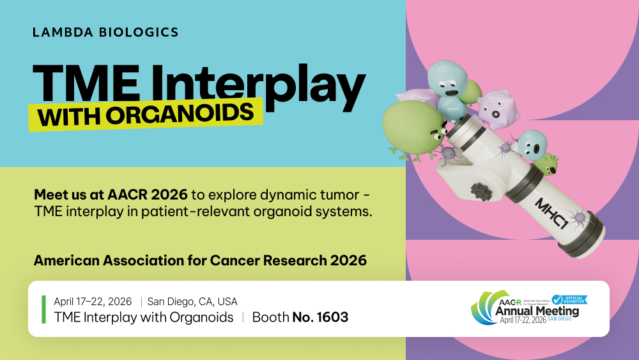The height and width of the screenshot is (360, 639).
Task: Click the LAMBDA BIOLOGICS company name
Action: [105, 32]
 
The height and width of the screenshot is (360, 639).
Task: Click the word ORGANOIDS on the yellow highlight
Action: [180, 113]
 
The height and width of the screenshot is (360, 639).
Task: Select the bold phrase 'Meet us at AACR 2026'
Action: [111, 195]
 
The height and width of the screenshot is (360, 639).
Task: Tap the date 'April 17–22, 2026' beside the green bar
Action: [93, 301]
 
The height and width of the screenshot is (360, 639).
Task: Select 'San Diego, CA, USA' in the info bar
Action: [192, 301]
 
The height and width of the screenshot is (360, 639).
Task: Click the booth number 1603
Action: [332, 317]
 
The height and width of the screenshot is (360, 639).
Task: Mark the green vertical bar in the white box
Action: [43, 309]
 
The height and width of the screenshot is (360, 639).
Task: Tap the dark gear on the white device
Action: [481, 191]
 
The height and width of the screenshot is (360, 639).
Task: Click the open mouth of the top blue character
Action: [452, 93]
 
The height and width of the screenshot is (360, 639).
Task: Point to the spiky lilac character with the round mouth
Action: [498, 109]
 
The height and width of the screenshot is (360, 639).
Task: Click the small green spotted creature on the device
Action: [546, 164]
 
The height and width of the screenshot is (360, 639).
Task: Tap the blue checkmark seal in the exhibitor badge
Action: [557, 300]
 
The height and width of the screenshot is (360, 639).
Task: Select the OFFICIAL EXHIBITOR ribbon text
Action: [574, 300]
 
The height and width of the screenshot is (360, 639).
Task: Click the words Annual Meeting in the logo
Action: [537, 311]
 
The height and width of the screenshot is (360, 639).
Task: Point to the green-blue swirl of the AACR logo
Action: [485, 309]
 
